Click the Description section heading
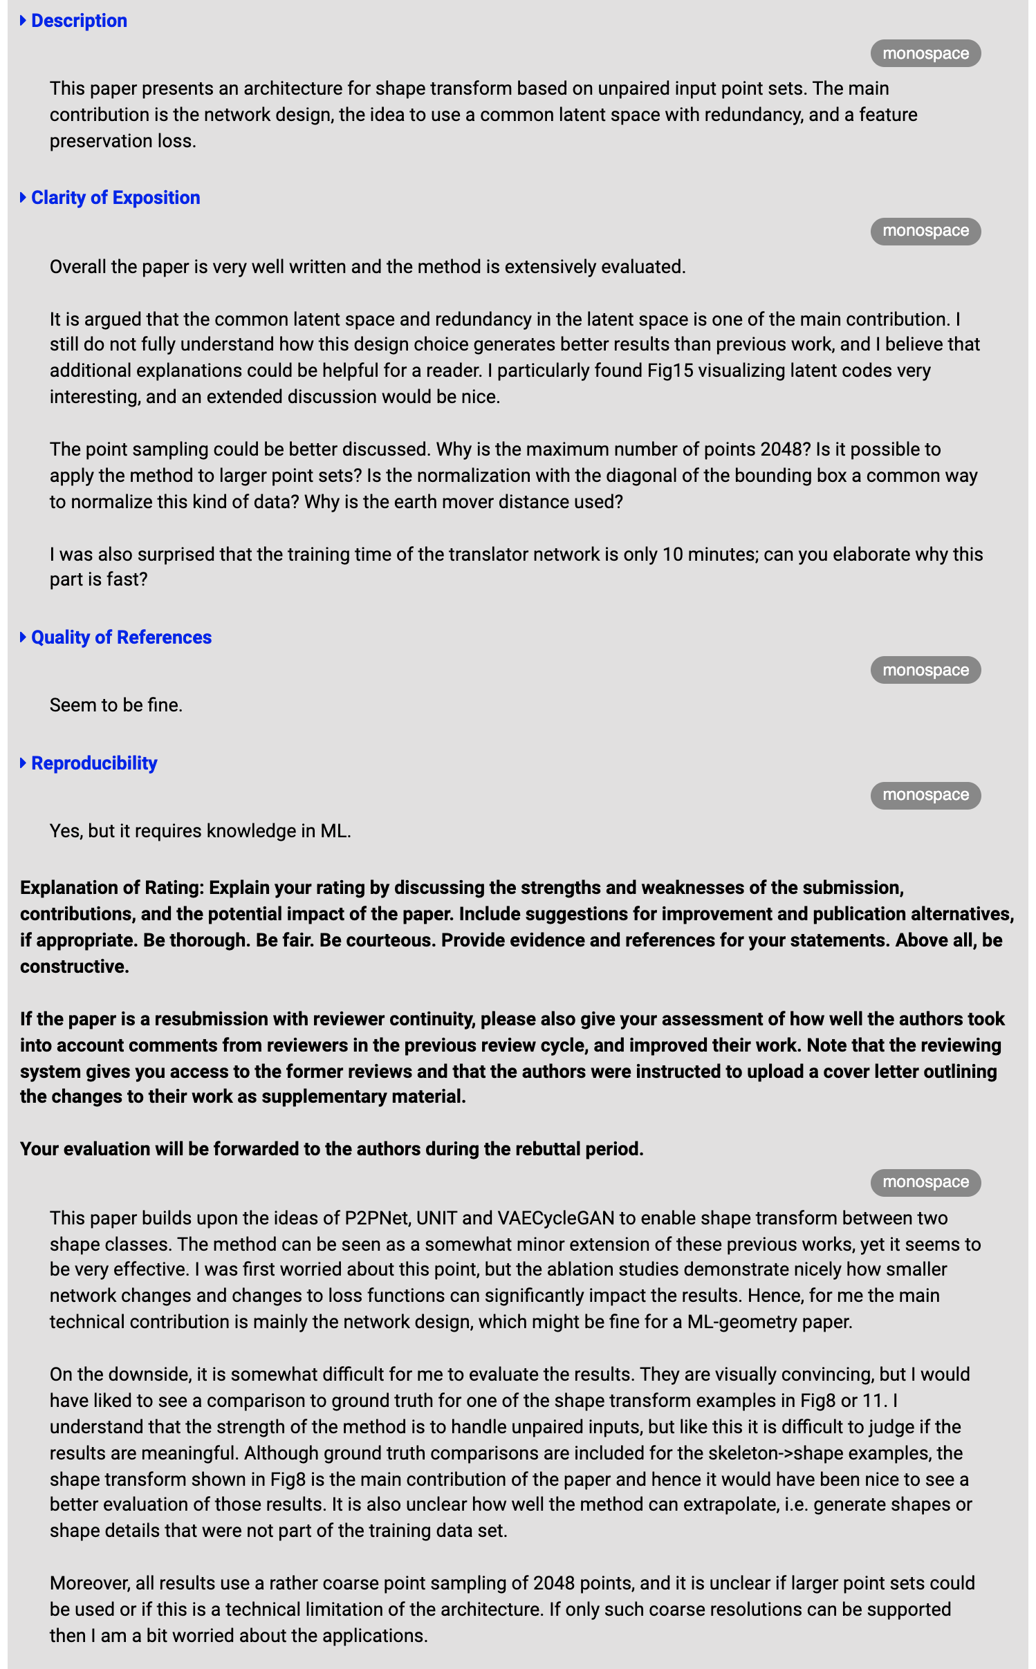point(79,21)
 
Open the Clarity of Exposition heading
point(115,198)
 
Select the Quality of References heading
point(121,637)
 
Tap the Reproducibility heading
point(94,763)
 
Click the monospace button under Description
point(925,54)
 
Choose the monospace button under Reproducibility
point(925,795)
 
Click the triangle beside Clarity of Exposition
point(24,198)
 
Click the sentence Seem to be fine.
point(116,705)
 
